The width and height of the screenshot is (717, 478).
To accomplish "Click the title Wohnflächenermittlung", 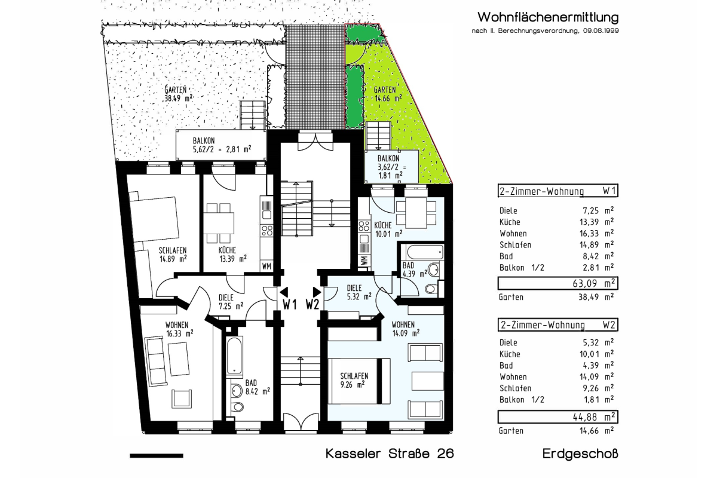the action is click(x=548, y=17).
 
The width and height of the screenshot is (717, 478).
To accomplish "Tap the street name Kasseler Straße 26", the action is click(x=390, y=454).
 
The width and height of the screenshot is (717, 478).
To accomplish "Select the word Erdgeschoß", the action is click(x=580, y=454).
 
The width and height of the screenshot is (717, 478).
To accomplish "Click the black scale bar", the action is click(x=157, y=455).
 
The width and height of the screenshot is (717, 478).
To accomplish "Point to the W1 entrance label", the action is click(x=289, y=304).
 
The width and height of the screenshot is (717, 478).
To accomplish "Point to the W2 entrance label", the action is click(x=312, y=304).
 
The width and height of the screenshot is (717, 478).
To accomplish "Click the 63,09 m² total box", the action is click(x=558, y=283).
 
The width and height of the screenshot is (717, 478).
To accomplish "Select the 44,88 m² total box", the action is click(x=558, y=417).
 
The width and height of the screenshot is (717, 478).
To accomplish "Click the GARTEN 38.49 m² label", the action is click(x=178, y=93).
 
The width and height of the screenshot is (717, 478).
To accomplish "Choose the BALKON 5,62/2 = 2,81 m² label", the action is click(x=222, y=145).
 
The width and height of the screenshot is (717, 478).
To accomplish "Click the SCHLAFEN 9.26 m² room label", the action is click(x=354, y=380).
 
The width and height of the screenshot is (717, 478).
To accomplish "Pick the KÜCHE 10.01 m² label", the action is click(x=388, y=229).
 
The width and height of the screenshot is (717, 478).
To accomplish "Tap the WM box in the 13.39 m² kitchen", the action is click(x=266, y=266).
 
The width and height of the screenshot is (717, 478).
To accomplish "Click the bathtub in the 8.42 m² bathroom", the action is click(x=234, y=356).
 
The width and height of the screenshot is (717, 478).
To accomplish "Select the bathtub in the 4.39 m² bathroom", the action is click(x=425, y=253).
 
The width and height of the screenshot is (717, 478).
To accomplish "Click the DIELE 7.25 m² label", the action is click(x=231, y=302).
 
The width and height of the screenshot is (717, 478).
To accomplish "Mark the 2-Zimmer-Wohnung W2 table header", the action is click(x=558, y=324).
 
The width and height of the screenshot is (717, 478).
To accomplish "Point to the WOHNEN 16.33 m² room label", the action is click(x=180, y=329).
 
